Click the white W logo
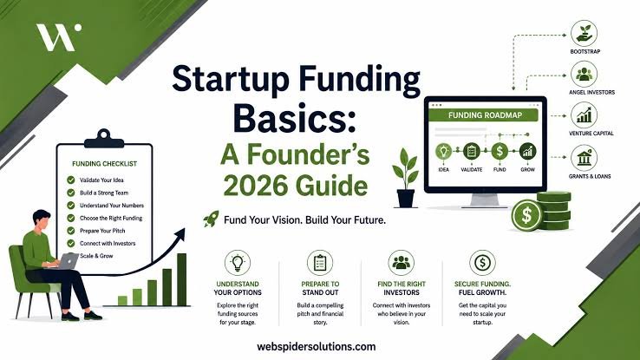pos(58,37)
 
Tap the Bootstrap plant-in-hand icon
pos(584,33)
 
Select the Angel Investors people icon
pos(584,74)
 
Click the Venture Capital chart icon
pos(584,115)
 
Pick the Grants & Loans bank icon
pos(584,158)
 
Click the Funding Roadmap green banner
pos(485,115)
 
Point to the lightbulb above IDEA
pos(444,152)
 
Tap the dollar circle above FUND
pos(500,152)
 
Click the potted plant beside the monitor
pos(406,178)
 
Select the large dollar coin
pos(527,215)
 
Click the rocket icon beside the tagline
pos(211,219)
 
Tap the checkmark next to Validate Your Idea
pos(71,180)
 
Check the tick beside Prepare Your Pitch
pos(71,231)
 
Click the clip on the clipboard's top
pos(104,139)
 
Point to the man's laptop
pos(68,261)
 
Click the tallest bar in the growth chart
pos(181,279)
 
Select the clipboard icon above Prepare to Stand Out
pos(320,263)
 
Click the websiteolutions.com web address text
pos(317,346)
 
